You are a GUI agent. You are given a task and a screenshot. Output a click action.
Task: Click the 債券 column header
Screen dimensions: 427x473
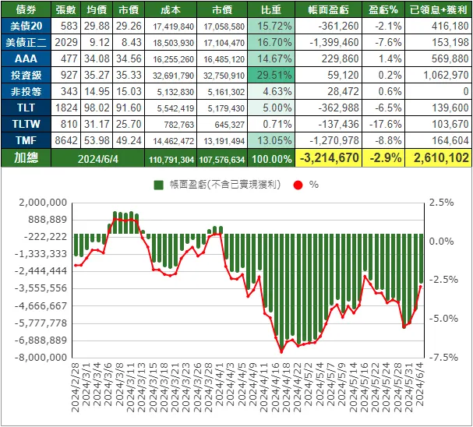[x=26, y=10]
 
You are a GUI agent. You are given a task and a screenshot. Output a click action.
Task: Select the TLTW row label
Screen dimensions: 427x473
[x=26, y=124]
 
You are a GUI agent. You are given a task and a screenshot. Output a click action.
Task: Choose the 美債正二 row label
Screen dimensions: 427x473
[x=26, y=42]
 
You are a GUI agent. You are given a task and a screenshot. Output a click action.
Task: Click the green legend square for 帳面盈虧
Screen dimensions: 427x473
[x=158, y=185]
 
